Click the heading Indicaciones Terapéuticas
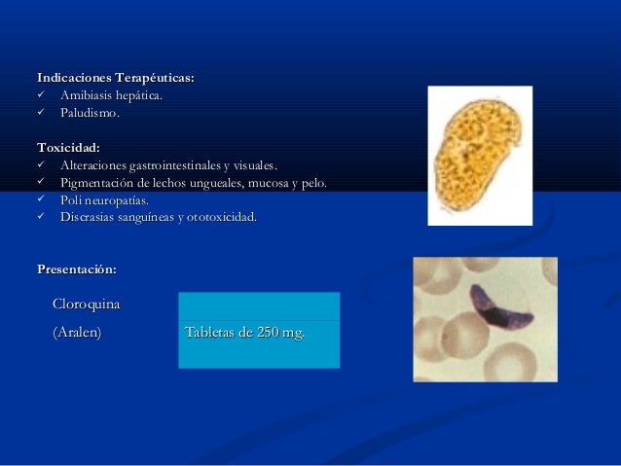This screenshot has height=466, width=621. click(115, 77)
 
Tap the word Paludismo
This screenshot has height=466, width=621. click(90, 113)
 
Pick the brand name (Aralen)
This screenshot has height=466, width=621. click(77, 334)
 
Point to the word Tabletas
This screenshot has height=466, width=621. click(209, 335)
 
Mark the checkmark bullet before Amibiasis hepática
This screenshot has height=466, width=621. click(42, 95)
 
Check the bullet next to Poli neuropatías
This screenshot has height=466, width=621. click(42, 199)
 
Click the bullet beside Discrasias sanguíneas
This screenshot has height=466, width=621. click(42, 217)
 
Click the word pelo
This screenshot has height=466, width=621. click(314, 183)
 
